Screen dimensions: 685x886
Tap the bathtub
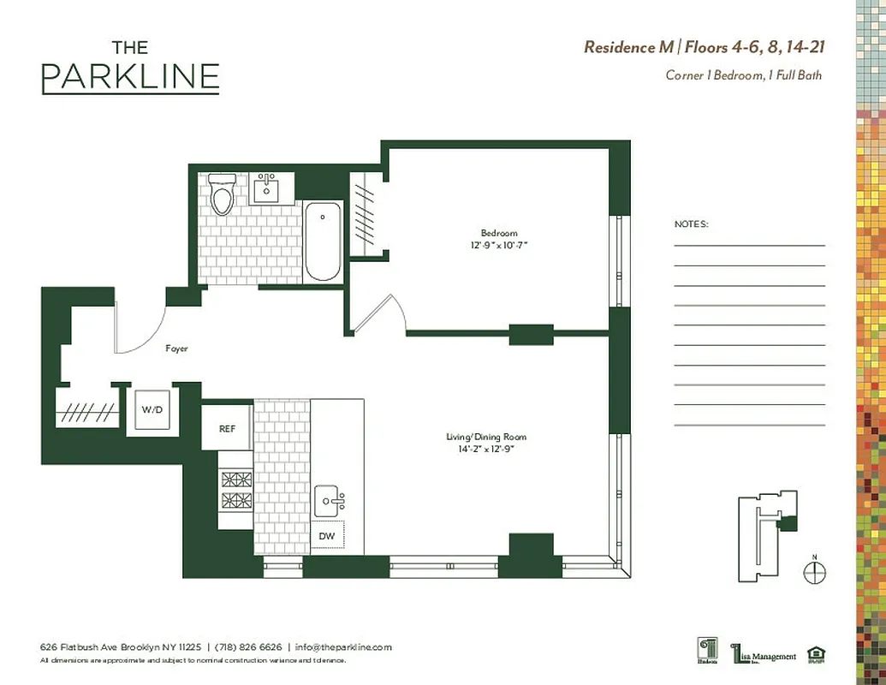click(x=323, y=241)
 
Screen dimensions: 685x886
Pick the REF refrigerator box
click(x=227, y=428)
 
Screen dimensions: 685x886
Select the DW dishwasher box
click(x=327, y=535)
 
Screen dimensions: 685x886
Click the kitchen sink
click(x=329, y=498)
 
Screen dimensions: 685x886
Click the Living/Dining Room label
click(x=479, y=437)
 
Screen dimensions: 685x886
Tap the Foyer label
click(x=176, y=349)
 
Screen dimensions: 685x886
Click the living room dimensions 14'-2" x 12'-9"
click(x=479, y=448)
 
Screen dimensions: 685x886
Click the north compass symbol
click(x=815, y=571)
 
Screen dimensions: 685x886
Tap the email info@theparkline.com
click(x=343, y=647)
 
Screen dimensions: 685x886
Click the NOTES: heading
click(x=692, y=224)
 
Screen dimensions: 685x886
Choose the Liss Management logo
click(x=764, y=654)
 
